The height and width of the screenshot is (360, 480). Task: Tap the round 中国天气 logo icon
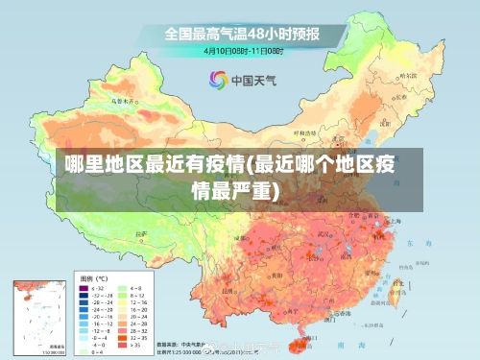coord(218,80)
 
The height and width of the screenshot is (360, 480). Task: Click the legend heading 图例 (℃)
coord(95,276)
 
